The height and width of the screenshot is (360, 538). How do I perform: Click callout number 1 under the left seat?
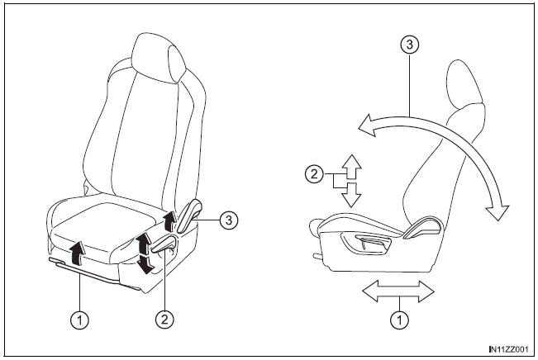[79, 320]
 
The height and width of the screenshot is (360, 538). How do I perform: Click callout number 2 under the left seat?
[164, 320]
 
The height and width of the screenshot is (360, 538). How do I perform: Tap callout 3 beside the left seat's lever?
[229, 220]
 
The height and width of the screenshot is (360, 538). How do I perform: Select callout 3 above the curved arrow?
[409, 45]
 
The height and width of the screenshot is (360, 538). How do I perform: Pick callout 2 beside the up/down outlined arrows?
[314, 174]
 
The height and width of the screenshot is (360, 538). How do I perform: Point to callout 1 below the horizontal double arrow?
[400, 320]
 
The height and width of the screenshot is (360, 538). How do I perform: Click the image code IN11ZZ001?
[509, 349]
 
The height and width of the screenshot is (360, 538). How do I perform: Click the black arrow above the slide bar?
[78, 253]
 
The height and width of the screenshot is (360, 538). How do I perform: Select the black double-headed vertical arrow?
[144, 253]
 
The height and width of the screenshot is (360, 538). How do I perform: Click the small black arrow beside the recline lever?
[169, 220]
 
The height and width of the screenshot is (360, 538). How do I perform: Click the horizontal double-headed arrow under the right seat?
[398, 291]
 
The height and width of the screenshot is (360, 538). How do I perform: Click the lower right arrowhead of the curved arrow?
[498, 211]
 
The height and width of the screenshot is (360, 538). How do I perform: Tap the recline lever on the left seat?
[188, 216]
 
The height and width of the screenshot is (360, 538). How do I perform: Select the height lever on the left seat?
[164, 245]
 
